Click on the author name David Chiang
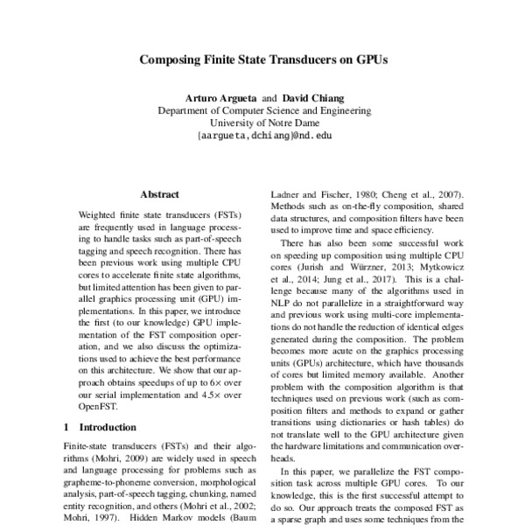click(313, 98)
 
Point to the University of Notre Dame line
click(263, 123)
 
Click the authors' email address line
click(263, 136)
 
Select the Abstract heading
click(159, 194)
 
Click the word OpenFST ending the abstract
click(98, 406)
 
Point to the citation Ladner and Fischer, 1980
click(317, 194)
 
